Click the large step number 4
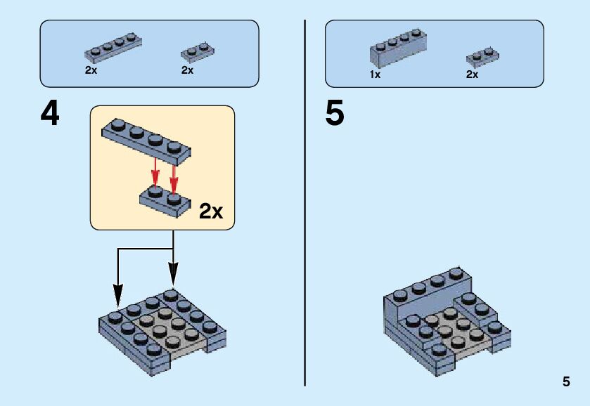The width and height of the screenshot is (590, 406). tap(50, 114)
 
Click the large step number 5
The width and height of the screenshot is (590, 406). tap(335, 114)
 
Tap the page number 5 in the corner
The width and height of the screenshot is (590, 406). tap(566, 382)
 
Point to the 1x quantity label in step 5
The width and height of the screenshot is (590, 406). tap(375, 74)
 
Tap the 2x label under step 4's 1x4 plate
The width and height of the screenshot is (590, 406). tap(91, 70)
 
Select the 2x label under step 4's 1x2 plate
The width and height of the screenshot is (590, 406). tap(187, 70)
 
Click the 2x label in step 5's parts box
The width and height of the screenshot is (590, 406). tap(472, 74)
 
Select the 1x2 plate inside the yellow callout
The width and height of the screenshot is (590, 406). tap(164, 199)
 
